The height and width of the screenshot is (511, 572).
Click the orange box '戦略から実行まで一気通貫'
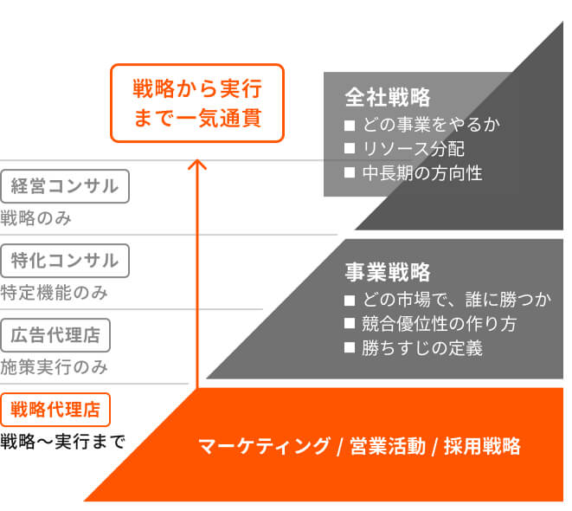196,102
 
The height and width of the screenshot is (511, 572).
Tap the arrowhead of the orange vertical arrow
197,164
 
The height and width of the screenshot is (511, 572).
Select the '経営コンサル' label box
65,185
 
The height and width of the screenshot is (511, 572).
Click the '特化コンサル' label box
65,260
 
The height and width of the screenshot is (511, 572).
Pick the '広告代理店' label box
56,333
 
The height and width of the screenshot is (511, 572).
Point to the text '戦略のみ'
35,218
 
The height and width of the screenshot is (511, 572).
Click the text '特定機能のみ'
55,293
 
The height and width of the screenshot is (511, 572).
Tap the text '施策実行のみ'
55,366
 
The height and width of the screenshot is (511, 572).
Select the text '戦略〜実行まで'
63,442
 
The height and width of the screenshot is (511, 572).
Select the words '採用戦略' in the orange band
482,446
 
